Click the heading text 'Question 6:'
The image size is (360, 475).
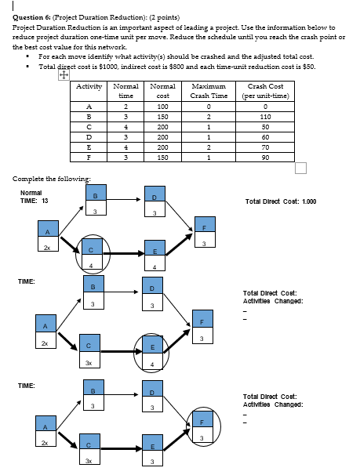(x=29, y=15)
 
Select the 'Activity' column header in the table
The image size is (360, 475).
(x=90, y=85)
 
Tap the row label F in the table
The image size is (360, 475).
(x=90, y=157)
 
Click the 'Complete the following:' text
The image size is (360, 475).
(x=45, y=179)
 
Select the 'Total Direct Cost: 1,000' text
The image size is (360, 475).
(x=280, y=201)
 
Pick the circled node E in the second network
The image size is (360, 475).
(x=155, y=351)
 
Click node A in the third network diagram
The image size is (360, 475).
(x=46, y=432)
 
